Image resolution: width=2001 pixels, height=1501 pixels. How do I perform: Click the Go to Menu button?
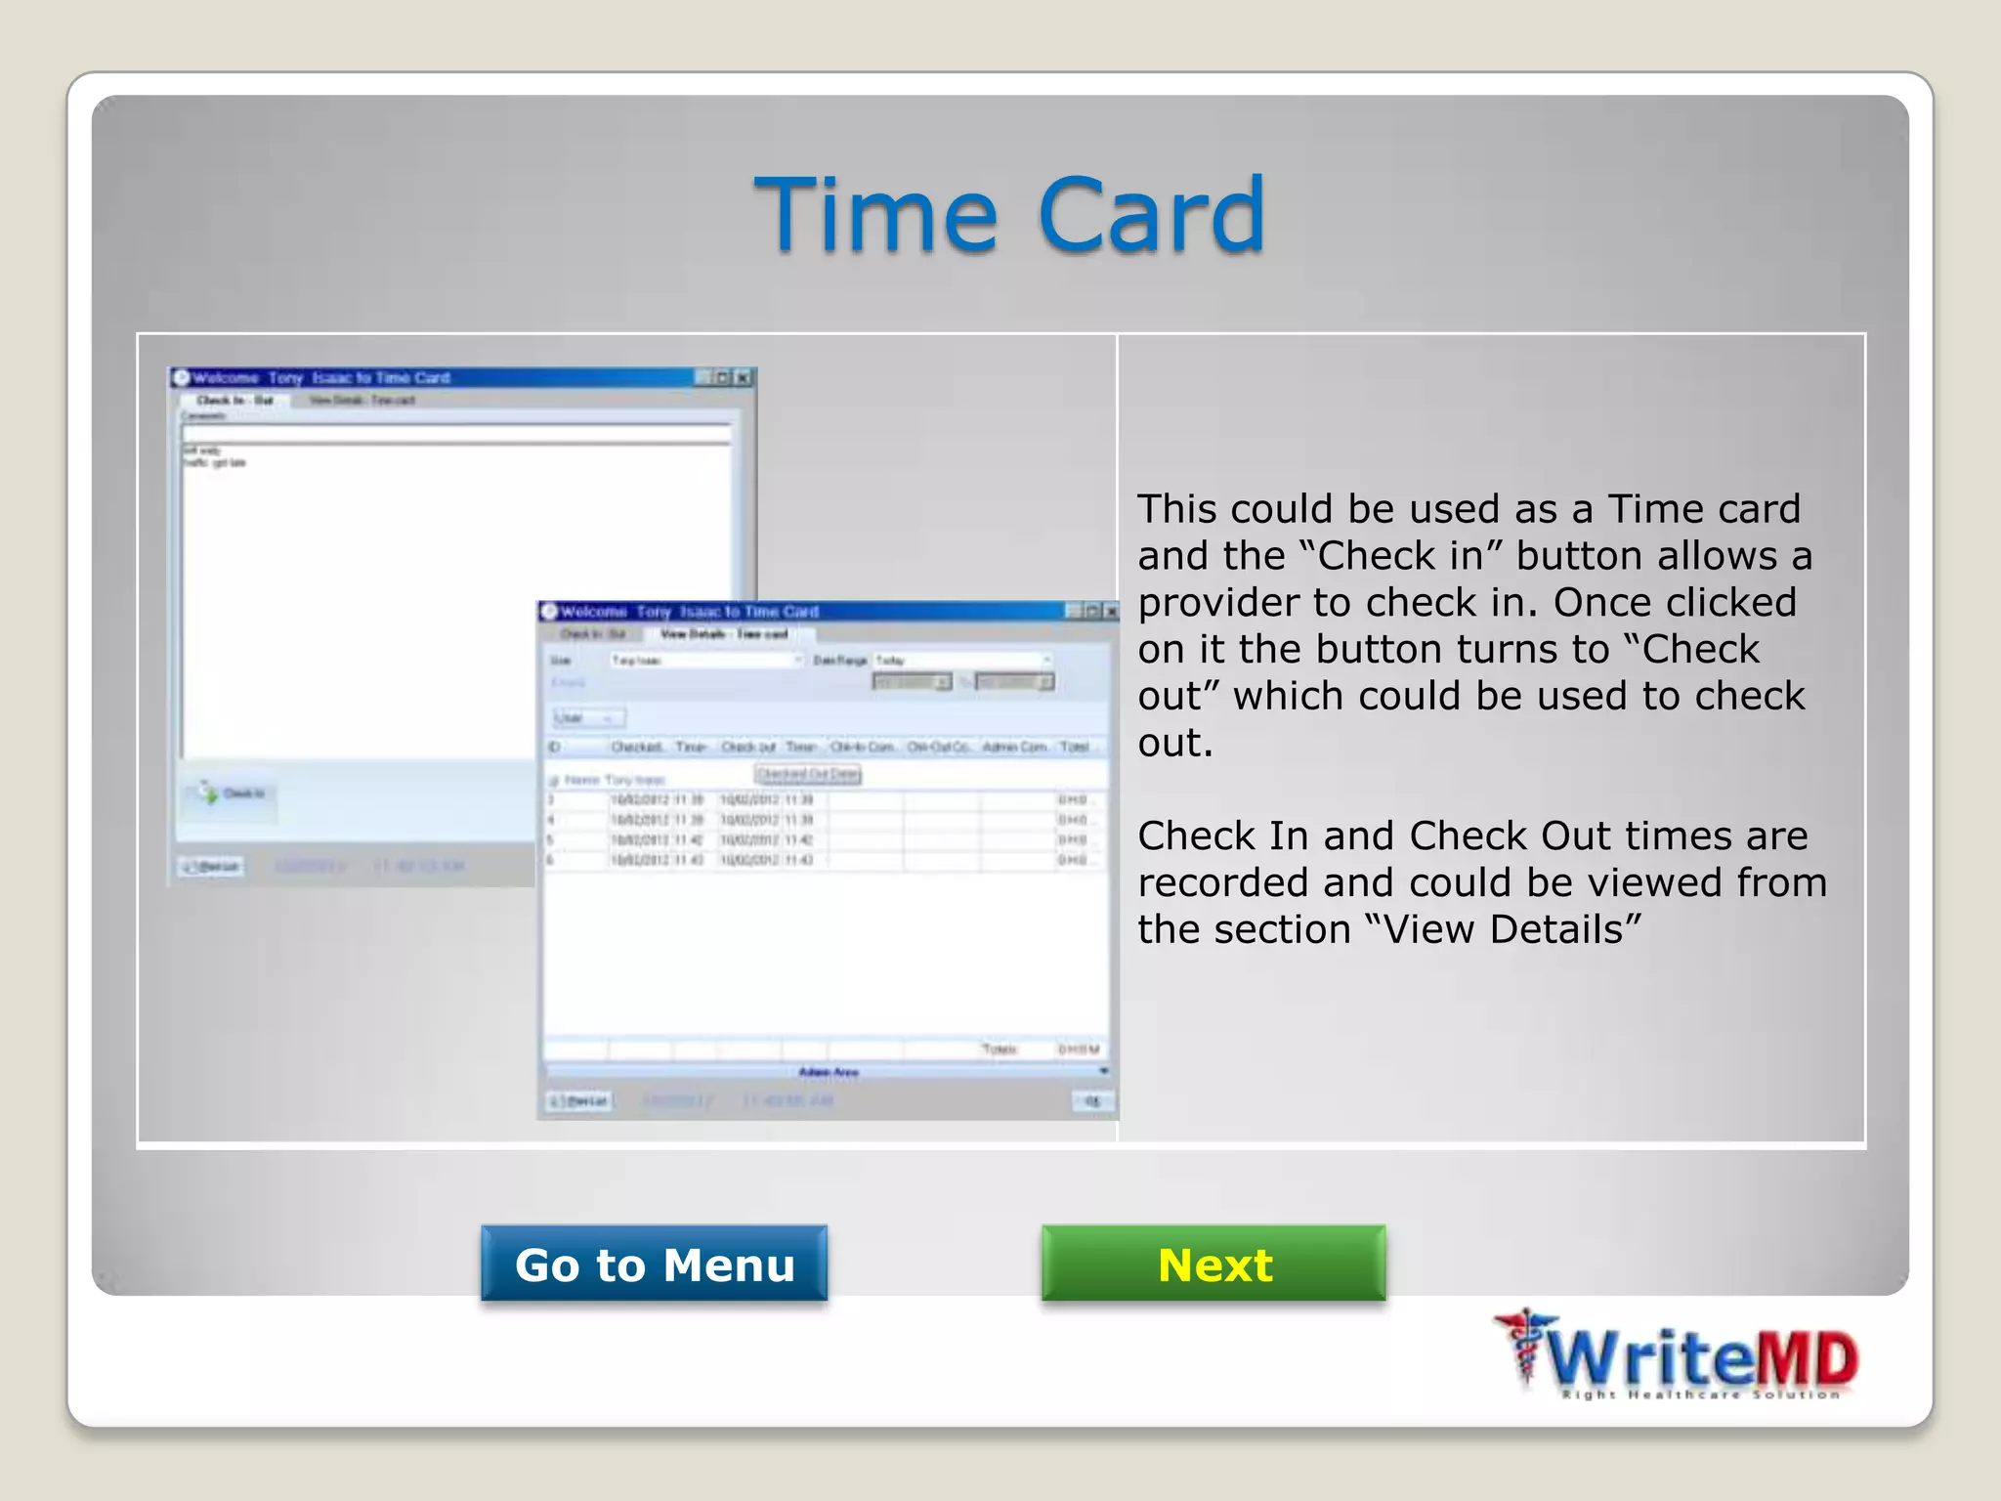coord(654,1264)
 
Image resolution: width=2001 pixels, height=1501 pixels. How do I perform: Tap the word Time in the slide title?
coord(875,214)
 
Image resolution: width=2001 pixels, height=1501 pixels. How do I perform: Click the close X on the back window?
coord(744,377)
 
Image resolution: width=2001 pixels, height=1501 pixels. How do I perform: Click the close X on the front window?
coord(1110,612)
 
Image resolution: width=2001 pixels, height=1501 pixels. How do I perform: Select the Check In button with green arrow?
coord(232,793)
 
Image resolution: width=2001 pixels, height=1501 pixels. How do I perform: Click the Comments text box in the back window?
coord(455,433)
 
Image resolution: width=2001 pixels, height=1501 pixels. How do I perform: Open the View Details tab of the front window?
coord(723,634)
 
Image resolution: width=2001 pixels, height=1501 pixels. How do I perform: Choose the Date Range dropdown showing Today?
coord(961,660)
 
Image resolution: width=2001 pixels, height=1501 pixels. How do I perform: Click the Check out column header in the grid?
coord(748,747)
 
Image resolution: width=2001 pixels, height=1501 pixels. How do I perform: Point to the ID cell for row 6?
coord(551,860)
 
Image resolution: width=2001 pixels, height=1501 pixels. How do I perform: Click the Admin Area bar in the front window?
coord(828,1072)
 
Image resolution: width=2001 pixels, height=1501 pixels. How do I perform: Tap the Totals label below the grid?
coord(999,1050)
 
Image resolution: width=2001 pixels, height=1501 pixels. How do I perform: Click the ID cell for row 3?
coord(551,800)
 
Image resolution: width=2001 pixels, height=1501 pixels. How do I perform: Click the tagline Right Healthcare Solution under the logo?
coord(1700,1394)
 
